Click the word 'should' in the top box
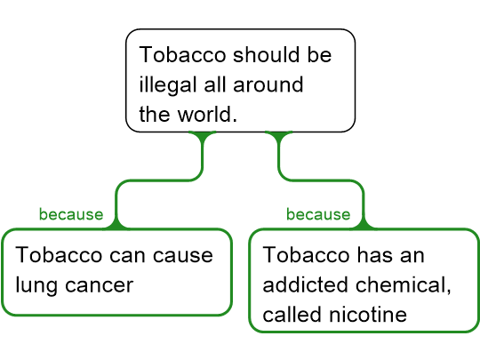(266, 55)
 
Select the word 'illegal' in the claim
(168, 84)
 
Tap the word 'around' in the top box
(268, 84)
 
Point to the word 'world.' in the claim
(207, 114)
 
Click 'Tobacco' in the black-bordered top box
(182, 55)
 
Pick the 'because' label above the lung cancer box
(71, 214)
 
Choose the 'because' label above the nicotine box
(318, 214)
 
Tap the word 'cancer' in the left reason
(100, 285)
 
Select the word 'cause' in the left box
(183, 256)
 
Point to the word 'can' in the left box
(127, 256)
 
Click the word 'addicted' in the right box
(305, 284)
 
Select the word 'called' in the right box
(292, 315)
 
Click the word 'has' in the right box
(375, 255)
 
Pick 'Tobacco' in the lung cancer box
(59, 255)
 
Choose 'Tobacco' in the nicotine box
(306, 255)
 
